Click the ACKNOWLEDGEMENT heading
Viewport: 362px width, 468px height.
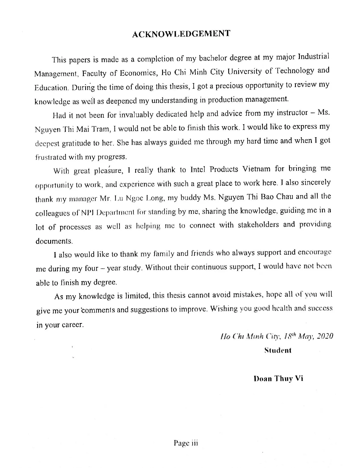[181, 34]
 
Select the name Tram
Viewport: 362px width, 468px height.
[100, 129]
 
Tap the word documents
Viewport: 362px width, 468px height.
[54, 241]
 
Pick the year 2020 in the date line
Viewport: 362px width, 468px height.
[324, 336]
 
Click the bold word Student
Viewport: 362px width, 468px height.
[278, 350]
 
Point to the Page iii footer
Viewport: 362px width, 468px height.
[186, 443]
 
